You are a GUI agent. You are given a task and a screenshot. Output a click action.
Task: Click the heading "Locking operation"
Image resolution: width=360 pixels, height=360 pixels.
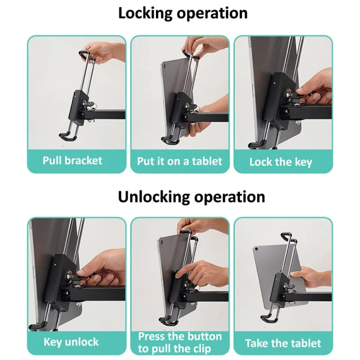183,13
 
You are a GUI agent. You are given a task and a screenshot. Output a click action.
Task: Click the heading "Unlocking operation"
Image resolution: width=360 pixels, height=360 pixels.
192,196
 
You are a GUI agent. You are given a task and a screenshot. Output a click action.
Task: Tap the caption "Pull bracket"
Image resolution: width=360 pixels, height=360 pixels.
72,160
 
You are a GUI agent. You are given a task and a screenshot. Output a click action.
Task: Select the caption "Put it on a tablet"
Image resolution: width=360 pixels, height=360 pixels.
180,161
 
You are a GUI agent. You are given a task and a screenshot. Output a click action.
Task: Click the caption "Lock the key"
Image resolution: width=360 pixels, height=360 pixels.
281,162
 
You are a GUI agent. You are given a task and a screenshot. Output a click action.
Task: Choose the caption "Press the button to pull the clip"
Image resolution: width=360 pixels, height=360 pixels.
180,342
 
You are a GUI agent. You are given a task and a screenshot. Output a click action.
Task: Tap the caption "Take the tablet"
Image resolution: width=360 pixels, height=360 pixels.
283,343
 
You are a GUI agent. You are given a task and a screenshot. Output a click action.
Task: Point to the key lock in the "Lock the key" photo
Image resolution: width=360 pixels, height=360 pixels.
292,98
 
